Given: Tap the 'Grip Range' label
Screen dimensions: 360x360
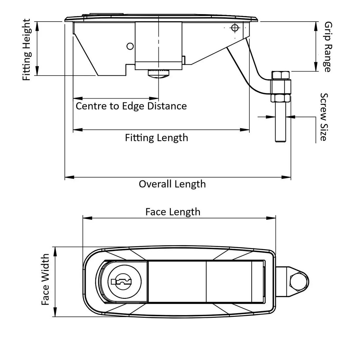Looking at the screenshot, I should pos(328,47).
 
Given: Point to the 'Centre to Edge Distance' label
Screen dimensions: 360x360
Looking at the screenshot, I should pos(131,106).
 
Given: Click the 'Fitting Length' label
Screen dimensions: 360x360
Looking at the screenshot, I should pos(156,137).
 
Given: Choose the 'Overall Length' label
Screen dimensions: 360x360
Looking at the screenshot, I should pos(172,184).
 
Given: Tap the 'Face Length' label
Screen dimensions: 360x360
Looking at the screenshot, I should pos(173,212).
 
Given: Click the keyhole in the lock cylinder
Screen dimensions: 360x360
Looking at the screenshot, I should pos(121,281).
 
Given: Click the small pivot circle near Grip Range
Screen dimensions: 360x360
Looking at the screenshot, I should pos(234,27).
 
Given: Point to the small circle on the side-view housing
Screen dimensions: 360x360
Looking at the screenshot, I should pos(130,46).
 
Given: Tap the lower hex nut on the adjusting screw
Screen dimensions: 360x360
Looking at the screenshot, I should pos(280,99).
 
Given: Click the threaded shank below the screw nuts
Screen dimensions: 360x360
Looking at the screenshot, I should pos(280,123).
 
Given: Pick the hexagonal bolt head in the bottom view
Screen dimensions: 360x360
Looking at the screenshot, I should pos(298,281).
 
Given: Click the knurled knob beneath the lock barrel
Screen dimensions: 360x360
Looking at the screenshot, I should pos(158,74).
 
